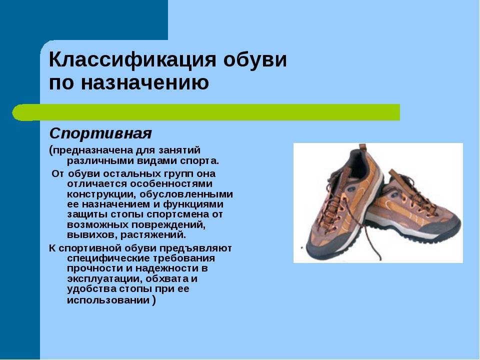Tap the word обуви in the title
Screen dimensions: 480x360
(255, 59)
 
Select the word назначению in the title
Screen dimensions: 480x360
(145, 82)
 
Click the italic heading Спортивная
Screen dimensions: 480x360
(100, 133)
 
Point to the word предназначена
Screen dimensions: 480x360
(93, 150)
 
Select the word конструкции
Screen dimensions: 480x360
(102, 194)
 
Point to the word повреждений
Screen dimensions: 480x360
(168, 225)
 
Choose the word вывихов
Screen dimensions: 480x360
(92, 235)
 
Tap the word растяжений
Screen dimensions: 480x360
(153, 235)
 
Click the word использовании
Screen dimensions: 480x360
(108, 300)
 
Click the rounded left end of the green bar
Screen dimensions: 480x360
(16, 112)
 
